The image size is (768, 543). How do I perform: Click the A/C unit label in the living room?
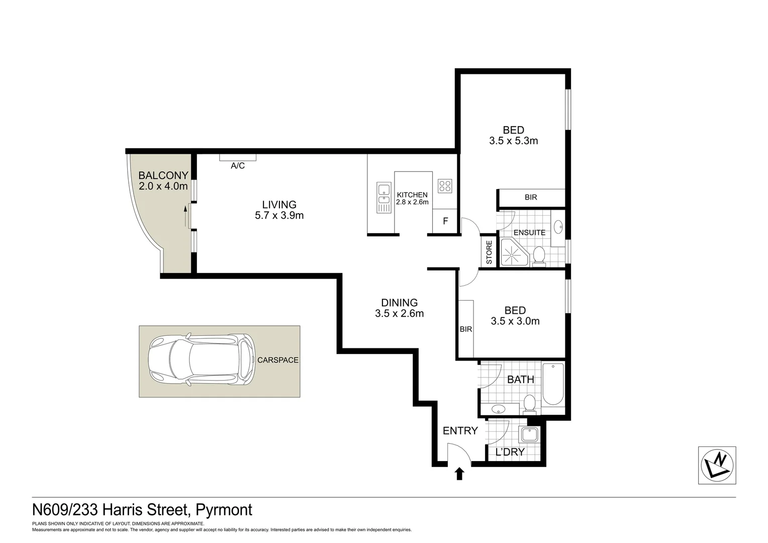point(238,166)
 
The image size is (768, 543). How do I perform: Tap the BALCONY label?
point(163,175)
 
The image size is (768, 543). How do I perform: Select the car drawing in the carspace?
point(202,359)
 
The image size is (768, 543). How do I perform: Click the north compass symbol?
point(717,465)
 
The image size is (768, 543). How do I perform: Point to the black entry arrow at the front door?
point(459,474)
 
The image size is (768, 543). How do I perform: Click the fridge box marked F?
point(445,222)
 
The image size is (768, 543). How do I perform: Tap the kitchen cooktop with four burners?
point(445,186)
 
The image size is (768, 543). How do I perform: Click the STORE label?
point(489,252)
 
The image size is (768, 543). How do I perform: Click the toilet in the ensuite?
point(539,254)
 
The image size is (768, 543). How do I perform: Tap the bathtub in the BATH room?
point(553,384)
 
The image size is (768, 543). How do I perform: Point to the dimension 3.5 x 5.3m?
point(513,141)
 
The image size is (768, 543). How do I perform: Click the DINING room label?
point(399,303)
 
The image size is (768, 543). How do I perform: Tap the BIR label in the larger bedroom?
point(531,198)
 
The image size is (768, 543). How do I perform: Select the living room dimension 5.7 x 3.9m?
point(279,216)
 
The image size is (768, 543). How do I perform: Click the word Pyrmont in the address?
point(224,510)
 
